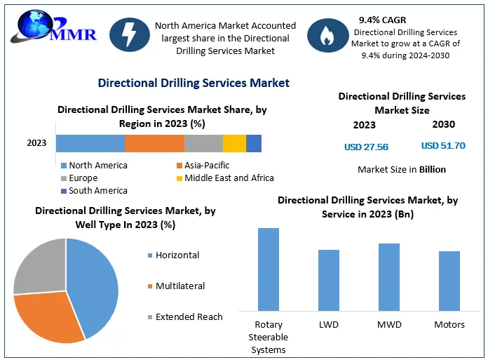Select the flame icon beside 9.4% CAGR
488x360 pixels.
326,36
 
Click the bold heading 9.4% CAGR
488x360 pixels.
383,20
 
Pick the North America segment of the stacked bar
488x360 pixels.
90,143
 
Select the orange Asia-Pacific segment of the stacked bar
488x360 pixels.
154,143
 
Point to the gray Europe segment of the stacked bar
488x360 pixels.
203,143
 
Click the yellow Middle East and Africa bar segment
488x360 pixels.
234,143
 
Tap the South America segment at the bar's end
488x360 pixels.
254,143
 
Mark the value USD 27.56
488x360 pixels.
366,147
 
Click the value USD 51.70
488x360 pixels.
443,146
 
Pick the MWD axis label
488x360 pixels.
388,325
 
